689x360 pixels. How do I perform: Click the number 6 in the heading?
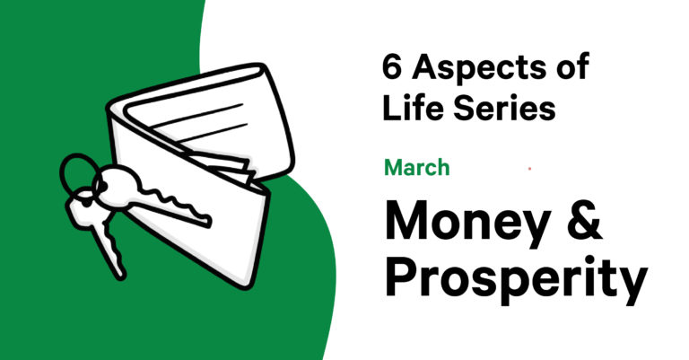click(391, 67)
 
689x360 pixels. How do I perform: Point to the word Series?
click(504, 109)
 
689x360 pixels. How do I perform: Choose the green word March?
click(417, 168)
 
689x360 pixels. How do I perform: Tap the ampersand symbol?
click(584, 219)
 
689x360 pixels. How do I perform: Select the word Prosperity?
click(517, 277)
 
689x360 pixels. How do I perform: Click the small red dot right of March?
click(530, 169)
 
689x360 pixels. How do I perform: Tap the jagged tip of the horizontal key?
click(205, 221)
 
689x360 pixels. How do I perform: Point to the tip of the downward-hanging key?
click(120, 275)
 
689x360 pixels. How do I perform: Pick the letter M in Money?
click(407, 219)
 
